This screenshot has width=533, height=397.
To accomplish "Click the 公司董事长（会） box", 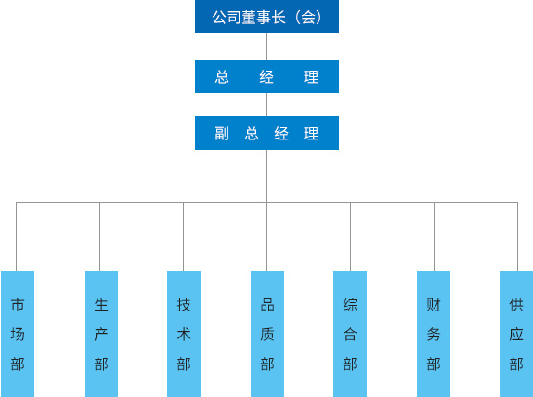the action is [x=266, y=17].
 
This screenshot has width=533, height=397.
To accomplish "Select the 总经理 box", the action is [x=266, y=76].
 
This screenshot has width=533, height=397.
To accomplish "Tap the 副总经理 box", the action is [x=266, y=133].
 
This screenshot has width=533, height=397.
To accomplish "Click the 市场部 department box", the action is [x=18, y=334].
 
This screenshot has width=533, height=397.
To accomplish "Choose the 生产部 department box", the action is [x=101, y=334].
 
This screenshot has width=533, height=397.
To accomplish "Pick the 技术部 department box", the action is [x=184, y=334].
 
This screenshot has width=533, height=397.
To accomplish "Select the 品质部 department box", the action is [x=267, y=334].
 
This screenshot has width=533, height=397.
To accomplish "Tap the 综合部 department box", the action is [x=350, y=334].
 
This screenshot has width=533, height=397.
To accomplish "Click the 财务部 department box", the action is [x=434, y=334].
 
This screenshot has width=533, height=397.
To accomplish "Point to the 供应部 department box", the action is [x=516, y=334].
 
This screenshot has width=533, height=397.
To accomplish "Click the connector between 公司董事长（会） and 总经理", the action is [x=266, y=46].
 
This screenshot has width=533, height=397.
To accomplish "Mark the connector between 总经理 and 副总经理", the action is [x=266, y=104].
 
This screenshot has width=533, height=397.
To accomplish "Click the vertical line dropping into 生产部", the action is [x=100, y=236].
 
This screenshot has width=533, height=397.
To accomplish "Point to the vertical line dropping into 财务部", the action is [x=434, y=236].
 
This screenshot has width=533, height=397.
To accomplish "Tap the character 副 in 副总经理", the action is [x=222, y=134].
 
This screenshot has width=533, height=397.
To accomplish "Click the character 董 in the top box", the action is [x=249, y=18].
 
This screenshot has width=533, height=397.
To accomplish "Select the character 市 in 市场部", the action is [x=18, y=305].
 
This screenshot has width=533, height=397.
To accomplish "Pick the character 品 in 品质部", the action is [x=267, y=305].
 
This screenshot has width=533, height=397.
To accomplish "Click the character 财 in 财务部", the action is [x=434, y=305].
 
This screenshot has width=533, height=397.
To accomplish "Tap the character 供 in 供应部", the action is [x=516, y=305].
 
